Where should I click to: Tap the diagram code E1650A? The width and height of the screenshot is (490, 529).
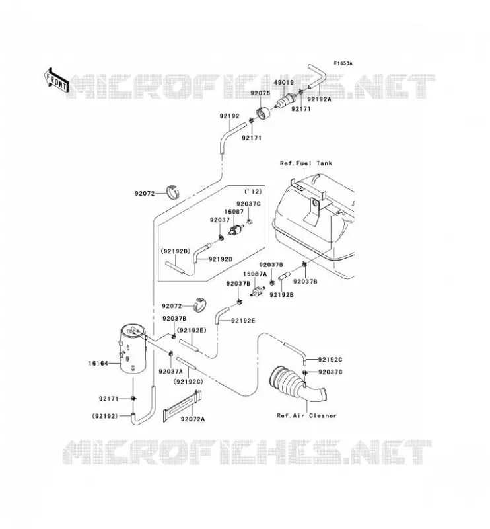343,63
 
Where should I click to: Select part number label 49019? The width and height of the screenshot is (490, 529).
283,82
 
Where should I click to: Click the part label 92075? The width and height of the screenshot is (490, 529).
260,93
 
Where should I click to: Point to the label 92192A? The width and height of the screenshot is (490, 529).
320,99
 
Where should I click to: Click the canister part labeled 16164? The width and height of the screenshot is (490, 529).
133,349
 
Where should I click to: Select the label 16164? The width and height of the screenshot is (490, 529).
98,363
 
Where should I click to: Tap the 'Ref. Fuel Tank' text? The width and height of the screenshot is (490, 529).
306,163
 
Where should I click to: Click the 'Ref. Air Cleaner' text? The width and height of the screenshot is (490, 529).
306,416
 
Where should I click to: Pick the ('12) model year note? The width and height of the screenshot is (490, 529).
253,192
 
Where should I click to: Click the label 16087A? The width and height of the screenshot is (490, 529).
255,274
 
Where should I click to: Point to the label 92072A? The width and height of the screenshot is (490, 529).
193,419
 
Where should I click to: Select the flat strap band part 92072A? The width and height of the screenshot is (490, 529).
182,406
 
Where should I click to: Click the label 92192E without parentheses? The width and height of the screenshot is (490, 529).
243,321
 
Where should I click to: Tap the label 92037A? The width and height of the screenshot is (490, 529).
170,372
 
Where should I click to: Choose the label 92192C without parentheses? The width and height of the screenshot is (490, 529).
330,360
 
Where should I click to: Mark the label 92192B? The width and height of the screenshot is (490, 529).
281,294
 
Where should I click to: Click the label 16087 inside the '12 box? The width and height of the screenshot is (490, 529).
234,212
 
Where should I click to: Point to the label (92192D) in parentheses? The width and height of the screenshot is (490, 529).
176,251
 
